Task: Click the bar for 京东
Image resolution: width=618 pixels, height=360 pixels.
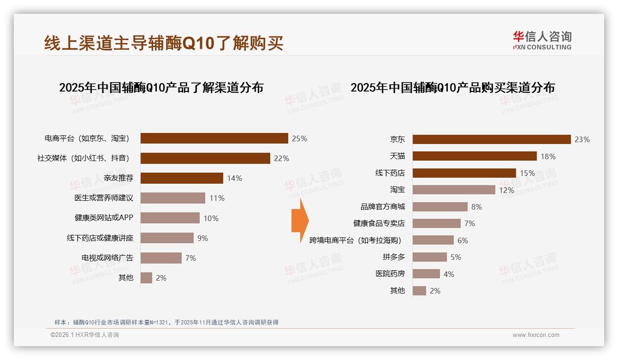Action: (492, 139)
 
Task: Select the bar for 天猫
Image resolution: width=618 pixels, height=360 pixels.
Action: (475, 156)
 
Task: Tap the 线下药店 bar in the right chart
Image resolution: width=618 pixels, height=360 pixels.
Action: (464, 173)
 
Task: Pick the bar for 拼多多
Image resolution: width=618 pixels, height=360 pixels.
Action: (429, 257)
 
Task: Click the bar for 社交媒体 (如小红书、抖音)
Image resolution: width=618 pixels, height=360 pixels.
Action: (205, 158)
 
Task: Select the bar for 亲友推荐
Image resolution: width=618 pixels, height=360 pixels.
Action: (182, 178)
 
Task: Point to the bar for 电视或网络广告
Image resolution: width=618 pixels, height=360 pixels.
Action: (161, 258)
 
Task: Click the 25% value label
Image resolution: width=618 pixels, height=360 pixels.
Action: (299, 138)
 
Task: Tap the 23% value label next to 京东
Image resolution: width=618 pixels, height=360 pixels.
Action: (582, 139)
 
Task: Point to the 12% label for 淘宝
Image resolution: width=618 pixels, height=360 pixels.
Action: (506, 190)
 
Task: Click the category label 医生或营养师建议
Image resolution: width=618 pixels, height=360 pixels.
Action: (104, 198)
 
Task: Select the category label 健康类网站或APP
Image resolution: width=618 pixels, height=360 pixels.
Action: (104, 218)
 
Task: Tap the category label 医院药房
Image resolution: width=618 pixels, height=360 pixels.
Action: (390, 274)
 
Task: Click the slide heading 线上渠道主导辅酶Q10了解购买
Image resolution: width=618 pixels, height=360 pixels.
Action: (164, 43)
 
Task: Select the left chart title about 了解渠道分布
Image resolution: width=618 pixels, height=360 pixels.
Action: (161, 87)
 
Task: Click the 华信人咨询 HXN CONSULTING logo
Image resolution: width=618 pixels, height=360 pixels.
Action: (542, 40)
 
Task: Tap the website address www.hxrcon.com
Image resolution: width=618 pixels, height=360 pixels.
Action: (536, 335)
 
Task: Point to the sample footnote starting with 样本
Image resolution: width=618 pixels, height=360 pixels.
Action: (166, 322)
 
